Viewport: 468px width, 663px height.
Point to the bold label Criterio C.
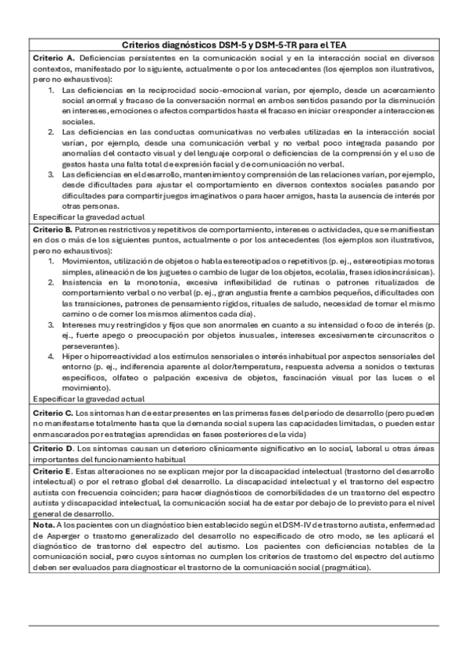[x=53, y=411]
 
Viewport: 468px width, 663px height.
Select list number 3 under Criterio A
[x=52, y=174]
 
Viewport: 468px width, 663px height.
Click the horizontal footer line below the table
[x=234, y=626]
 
